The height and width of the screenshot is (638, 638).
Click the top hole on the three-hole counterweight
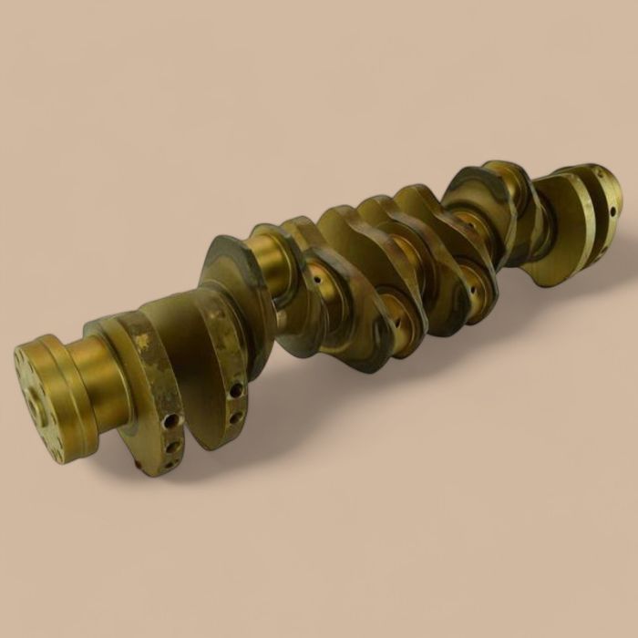click(170, 421)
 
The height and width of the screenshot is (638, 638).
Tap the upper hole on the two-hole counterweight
click(236, 390)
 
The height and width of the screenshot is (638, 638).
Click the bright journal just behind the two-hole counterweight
click(270, 264)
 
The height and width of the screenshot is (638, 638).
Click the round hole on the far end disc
click(612, 211)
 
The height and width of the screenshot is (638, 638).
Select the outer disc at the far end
click(602, 196)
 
